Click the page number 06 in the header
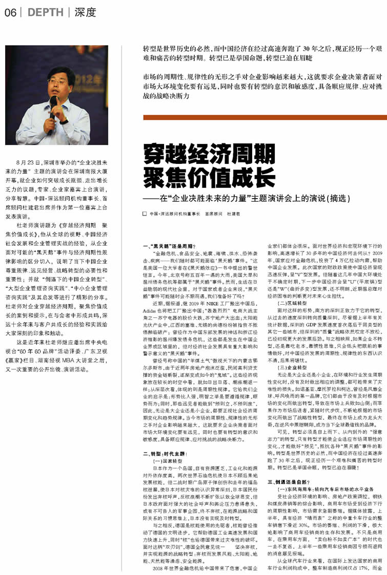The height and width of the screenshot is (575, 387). (10, 13)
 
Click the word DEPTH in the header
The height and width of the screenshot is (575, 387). (45, 13)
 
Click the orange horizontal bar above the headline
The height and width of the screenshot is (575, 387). (264, 117)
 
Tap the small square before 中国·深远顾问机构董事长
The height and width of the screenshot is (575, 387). (145, 213)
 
